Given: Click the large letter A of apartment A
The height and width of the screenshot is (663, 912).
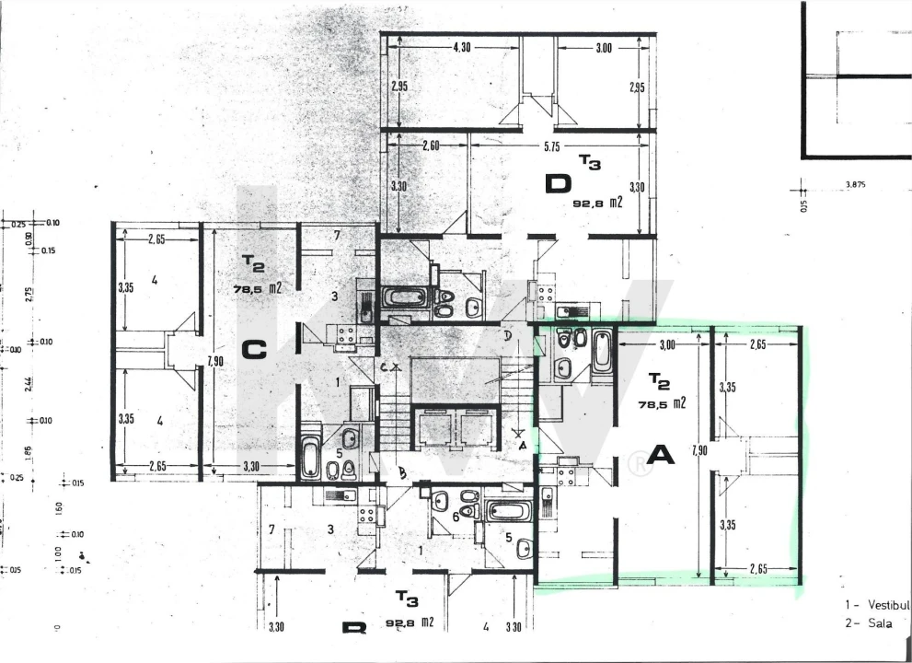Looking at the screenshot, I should point(662,454).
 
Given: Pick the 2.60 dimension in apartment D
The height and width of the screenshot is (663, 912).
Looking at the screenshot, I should point(429,145).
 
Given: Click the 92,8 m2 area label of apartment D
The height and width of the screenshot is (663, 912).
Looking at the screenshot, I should point(597,200).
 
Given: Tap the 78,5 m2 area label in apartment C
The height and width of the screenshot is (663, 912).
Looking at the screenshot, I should point(258,289).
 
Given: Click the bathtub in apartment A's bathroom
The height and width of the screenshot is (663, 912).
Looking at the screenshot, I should point(602,351).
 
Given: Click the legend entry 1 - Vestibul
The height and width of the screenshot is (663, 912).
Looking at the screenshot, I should point(877,605).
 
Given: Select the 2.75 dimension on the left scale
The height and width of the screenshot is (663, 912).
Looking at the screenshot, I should point(28,295).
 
